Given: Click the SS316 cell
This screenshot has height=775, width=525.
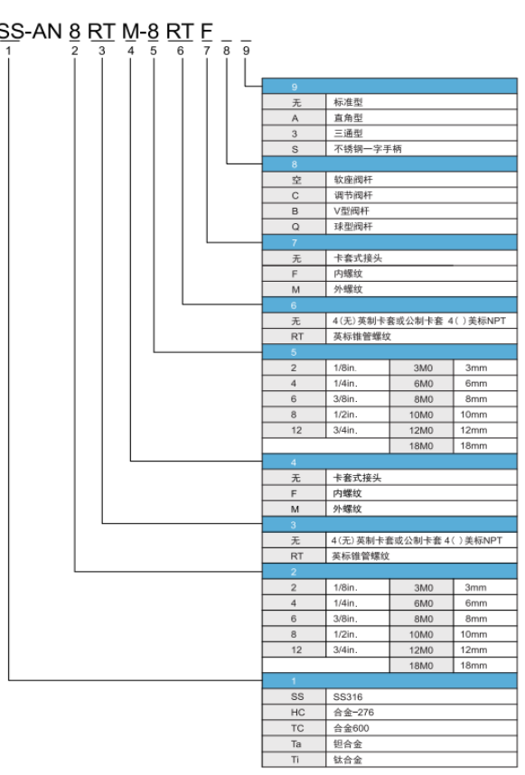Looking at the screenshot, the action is (x=421, y=696).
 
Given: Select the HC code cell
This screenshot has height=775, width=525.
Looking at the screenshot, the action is (x=295, y=713).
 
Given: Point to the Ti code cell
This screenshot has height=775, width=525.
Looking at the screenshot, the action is (x=295, y=759).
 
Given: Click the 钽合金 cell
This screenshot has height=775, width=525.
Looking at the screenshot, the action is (x=421, y=744).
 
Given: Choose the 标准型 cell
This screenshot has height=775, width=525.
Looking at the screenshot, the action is (x=421, y=102).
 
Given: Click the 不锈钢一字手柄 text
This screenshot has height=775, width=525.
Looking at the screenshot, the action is (x=367, y=149).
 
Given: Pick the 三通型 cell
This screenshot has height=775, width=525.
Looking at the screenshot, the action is (x=421, y=134).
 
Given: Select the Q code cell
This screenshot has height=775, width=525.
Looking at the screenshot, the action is (x=295, y=227).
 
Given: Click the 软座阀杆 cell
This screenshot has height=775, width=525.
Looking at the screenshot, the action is (x=421, y=180).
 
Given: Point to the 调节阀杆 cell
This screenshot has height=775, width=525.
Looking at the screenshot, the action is (x=421, y=195).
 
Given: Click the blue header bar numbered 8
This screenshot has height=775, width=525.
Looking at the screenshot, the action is (x=389, y=164).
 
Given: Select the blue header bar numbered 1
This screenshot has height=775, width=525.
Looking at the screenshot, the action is (x=389, y=680).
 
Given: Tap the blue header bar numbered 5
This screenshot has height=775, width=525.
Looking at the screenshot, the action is (x=389, y=352).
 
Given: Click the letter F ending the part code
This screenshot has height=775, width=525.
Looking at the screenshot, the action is (x=207, y=32).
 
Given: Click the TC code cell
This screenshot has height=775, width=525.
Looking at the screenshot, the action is (x=295, y=728).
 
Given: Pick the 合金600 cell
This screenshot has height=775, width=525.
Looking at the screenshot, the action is (x=421, y=728).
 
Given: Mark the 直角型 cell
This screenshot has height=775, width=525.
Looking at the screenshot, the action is (x=421, y=117).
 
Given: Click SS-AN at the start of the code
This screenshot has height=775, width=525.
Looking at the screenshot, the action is (x=30, y=32).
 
